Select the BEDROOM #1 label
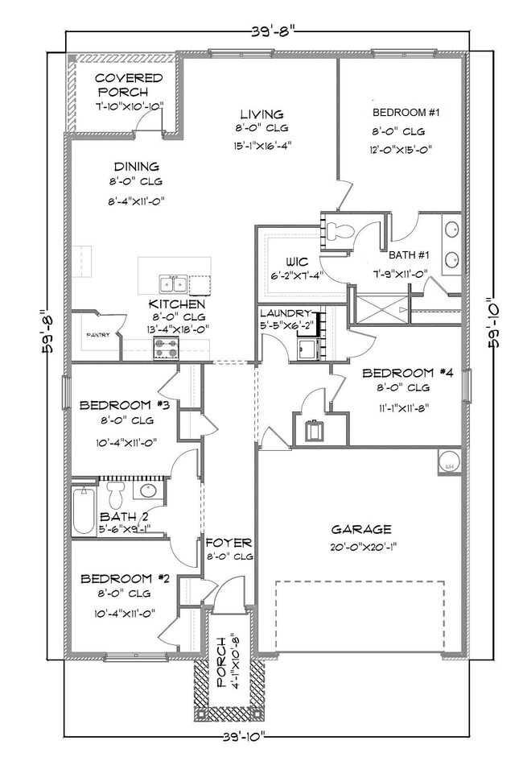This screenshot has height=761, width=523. [406, 113]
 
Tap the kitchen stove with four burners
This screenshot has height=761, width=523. [166, 348]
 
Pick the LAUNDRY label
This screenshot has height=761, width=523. [285, 312]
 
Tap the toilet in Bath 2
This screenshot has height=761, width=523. [114, 491]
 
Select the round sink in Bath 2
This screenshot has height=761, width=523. [149, 490]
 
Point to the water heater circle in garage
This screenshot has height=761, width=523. [448, 462]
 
